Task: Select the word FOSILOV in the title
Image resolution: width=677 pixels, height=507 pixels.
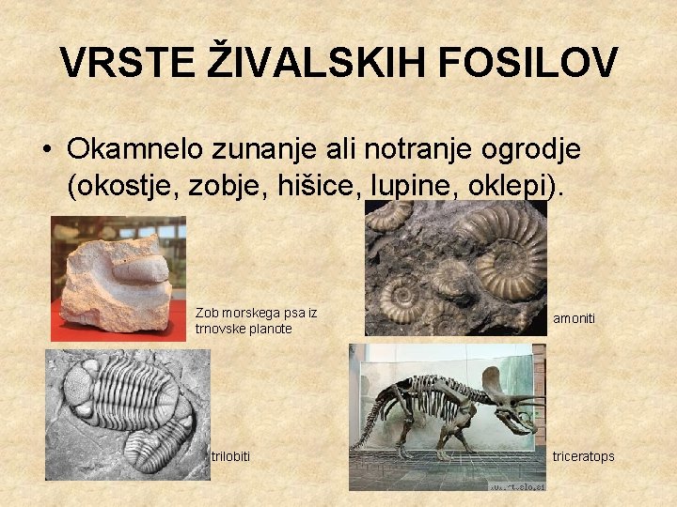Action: point(528,64)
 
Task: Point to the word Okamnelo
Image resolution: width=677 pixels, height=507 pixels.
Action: point(137,149)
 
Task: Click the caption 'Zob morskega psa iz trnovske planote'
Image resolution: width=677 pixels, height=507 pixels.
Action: point(256,320)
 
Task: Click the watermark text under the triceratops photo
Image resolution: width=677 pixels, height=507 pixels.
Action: point(515,485)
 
